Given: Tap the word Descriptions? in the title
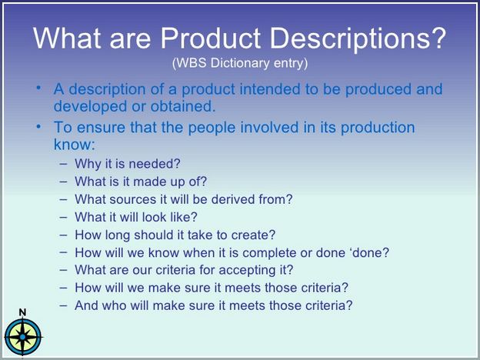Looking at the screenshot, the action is pos(358,40).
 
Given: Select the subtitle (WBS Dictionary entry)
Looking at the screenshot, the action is pos(240,63).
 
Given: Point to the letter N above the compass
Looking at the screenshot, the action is pos(22,312).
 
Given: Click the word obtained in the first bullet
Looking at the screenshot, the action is pos(183,106).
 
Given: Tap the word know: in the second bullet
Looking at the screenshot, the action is pos(75,144).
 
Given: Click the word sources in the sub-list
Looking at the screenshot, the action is pos(133,199).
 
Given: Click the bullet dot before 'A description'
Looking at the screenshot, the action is pos(38,88).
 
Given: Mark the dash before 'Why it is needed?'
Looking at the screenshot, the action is pos(63,164).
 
